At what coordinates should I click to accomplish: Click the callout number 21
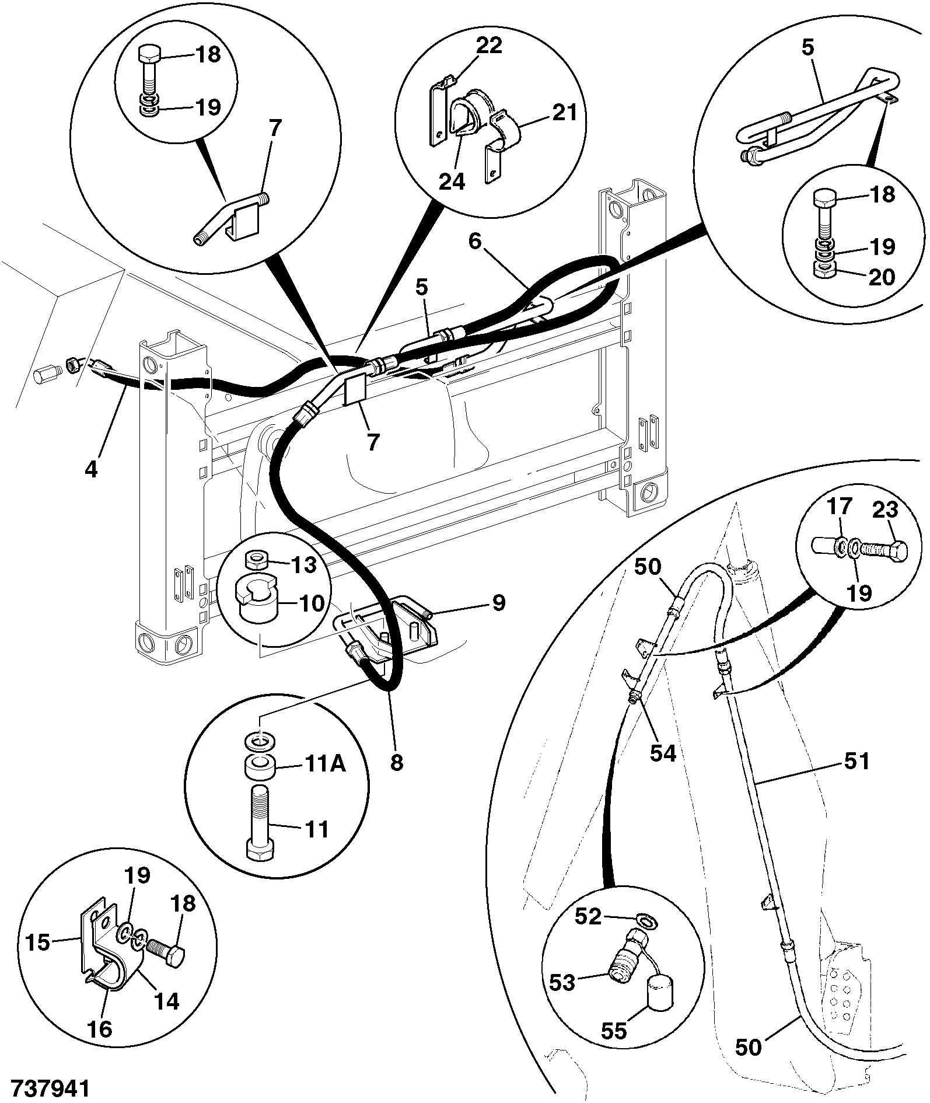[564, 111]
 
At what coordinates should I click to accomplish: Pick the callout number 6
[476, 240]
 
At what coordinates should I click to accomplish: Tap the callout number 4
[91, 469]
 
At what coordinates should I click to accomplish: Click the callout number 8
[397, 762]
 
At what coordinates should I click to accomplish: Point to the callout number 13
[303, 564]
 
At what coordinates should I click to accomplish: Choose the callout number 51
[856, 761]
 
